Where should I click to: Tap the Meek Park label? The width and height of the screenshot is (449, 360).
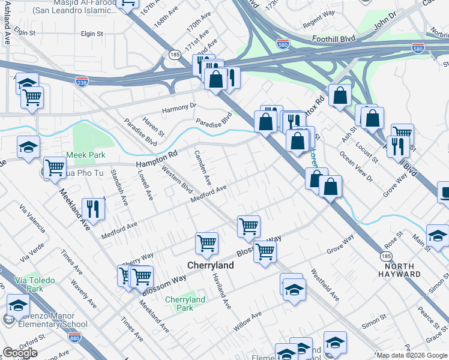[x=89, y=155]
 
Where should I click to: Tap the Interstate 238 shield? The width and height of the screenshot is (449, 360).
[x=82, y=80]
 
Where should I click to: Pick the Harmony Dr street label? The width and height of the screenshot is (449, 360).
[x=180, y=108]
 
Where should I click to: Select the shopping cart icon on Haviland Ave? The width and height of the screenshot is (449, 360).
[x=206, y=242]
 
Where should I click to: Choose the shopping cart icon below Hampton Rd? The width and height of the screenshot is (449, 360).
[x=55, y=167]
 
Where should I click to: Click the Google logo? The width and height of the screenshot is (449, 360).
[x=20, y=353]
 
